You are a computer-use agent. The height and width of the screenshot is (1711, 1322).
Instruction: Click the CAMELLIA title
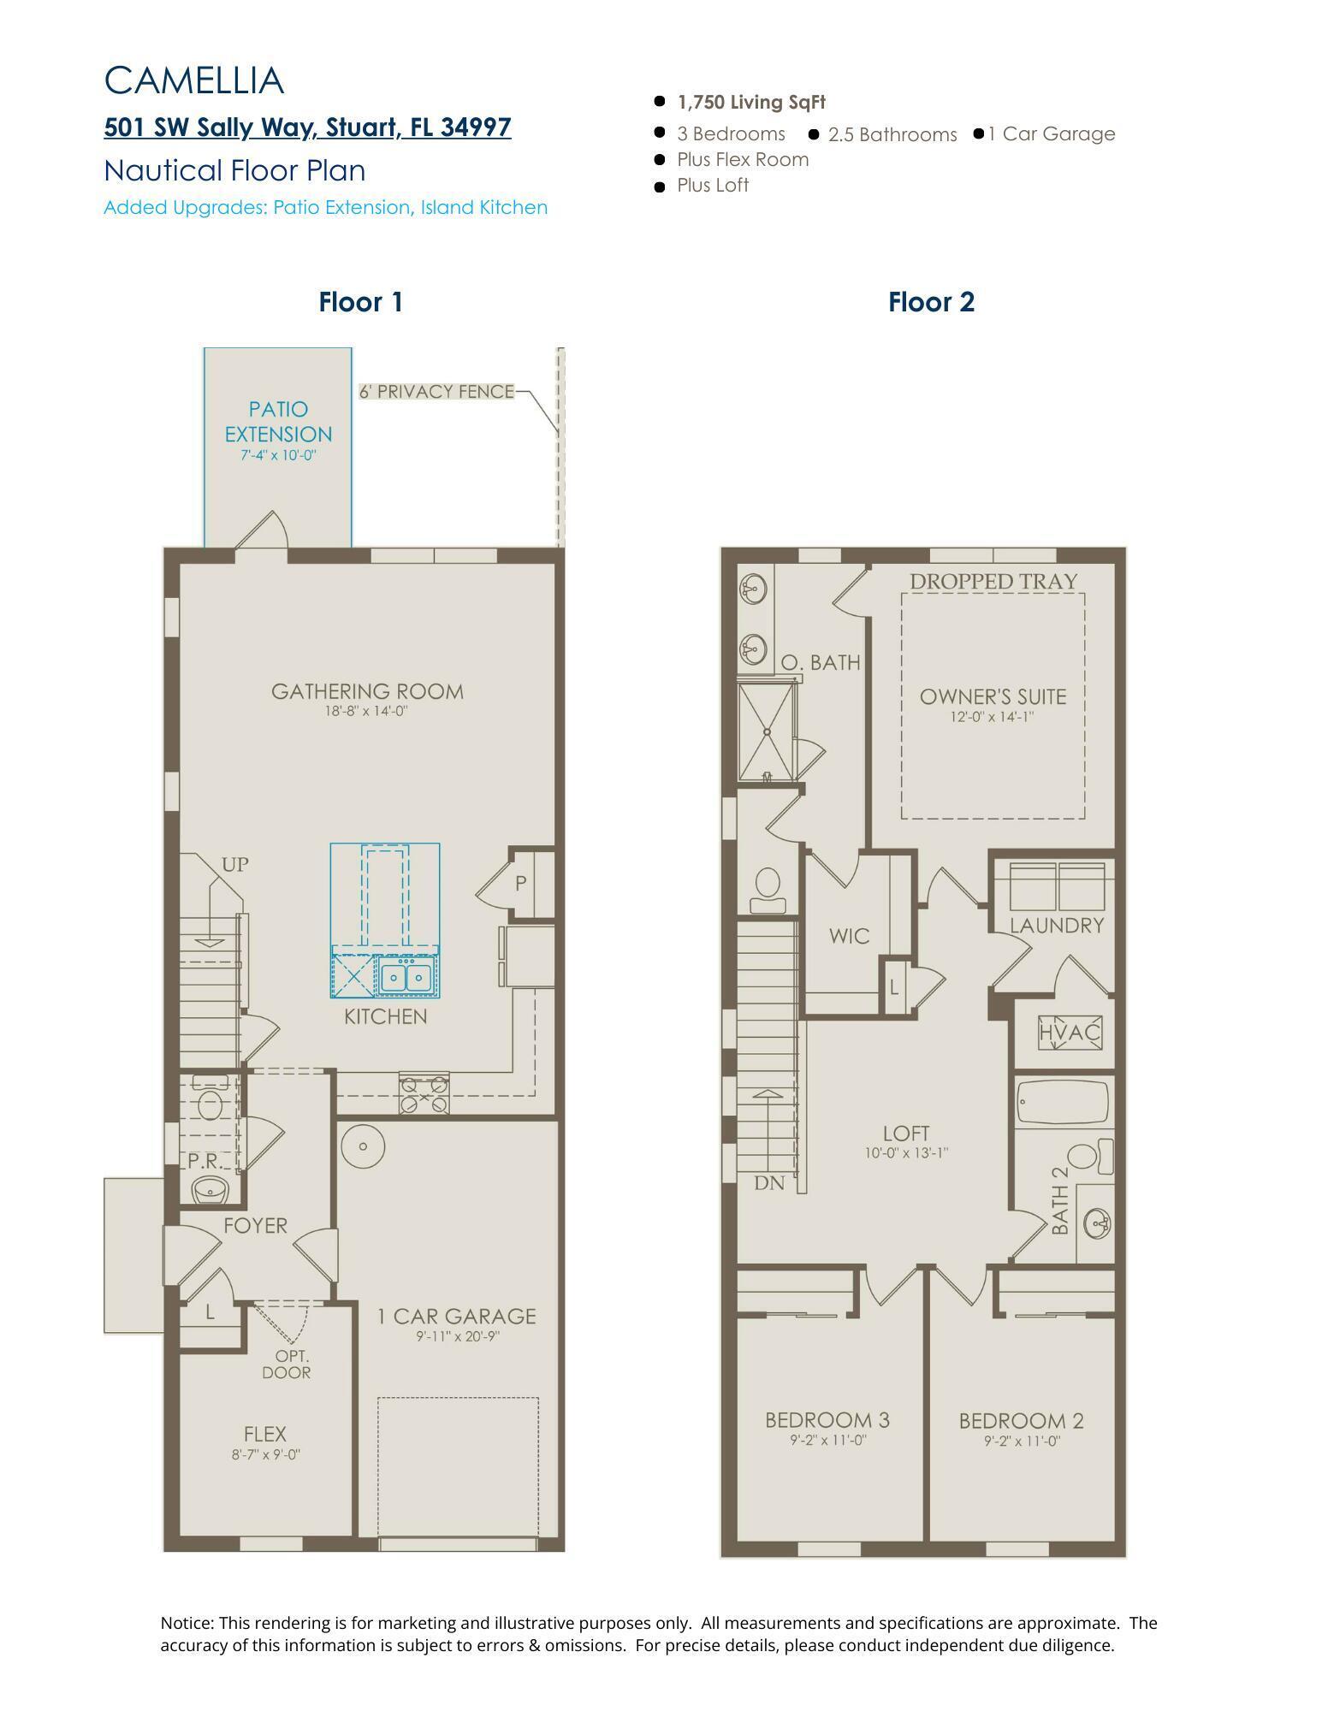point(193,80)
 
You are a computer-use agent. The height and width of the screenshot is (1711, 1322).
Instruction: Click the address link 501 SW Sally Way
point(307,127)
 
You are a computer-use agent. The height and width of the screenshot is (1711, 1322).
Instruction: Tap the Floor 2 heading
point(931,302)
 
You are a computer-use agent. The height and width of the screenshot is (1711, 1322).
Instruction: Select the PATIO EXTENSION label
point(278,422)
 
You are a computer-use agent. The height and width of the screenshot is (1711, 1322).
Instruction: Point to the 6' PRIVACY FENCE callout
point(436,391)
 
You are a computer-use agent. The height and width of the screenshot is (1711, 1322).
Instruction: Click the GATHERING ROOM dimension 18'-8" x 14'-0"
point(367,711)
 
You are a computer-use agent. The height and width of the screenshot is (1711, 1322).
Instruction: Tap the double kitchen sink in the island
point(406,977)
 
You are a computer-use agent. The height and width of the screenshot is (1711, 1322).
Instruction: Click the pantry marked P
point(520,884)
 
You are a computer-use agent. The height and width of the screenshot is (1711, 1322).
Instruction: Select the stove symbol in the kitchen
point(424,1093)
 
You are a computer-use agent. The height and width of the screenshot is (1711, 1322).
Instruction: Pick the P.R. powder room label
point(205,1161)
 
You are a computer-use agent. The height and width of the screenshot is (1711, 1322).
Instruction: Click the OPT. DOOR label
point(292,1365)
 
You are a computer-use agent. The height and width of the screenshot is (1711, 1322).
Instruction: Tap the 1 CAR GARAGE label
point(457,1317)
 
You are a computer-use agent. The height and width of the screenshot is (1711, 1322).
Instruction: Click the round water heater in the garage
point(363,1146)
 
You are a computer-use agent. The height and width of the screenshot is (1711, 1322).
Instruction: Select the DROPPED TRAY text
point(993,581)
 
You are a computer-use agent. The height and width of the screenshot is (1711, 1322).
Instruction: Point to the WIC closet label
point(849,936)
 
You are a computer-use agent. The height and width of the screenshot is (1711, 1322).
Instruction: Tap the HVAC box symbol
point(1069,1033)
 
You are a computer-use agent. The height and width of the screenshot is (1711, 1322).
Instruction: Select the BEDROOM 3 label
point(827,1420)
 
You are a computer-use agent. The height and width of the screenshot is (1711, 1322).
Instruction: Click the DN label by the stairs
point(769,1183)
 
